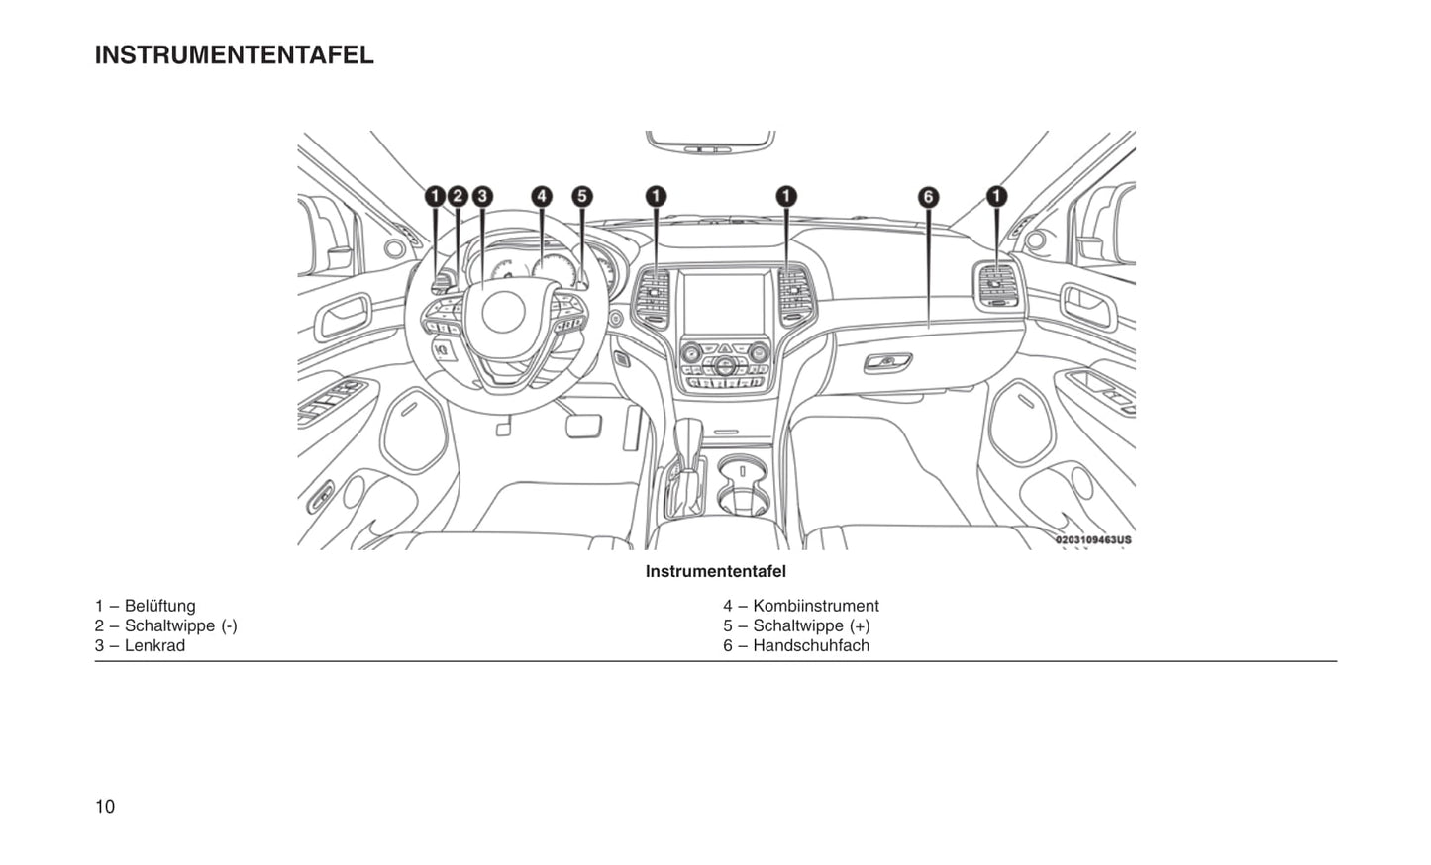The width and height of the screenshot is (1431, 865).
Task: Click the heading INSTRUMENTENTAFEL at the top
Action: pyautogui.click(x=234, y=55)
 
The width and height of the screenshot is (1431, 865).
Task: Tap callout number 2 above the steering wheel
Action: pyautogui.click(x=458, y=196)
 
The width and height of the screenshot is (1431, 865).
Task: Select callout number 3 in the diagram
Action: pyautogui.click(x=482, y=196)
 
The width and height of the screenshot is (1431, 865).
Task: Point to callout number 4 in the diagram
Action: pyautogui.click(x=542, y=196)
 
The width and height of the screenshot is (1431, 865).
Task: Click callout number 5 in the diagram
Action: pyautogui.click(x=582, y=196)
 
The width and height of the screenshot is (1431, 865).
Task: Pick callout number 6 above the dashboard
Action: pyautogui.click(x=928, y=197)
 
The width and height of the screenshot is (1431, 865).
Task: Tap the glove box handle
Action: pyautogui.click(x=887, y=363)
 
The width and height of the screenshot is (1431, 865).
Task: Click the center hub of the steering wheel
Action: pyautogui.click(x=502, y=312)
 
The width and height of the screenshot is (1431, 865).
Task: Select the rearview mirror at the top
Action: pyautogui.click(x=709, y=142)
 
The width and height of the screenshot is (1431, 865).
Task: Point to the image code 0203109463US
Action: pyautogui.click(x=1092, y=540)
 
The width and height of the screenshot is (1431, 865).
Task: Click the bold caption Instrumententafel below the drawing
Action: pyautogui.click(x=715, y=571)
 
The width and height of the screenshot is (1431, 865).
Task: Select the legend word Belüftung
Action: pyautogui.click(x=159, y=606)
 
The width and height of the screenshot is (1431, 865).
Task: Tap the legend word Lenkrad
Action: pyautogui.click(x=154, y=645)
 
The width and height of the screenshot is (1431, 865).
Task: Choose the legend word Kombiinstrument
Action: pyautogui.click(x=815, y=606)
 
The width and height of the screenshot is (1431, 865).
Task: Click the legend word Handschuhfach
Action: pyautogui.click(x=810, y=645)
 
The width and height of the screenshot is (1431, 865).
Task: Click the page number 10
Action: pyautogui.click(x=105, y=806)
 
